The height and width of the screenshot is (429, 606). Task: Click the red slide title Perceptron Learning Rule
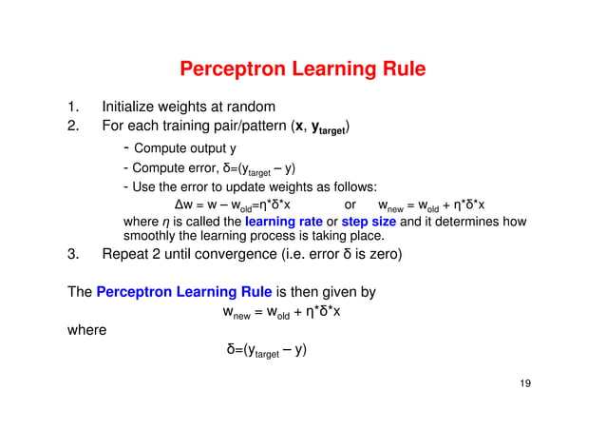point(302,69)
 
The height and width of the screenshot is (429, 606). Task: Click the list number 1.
point(71,107)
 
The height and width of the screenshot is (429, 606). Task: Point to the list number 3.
point(71,255)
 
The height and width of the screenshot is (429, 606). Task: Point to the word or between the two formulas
point(350,204)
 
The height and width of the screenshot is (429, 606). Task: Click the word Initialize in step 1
point(132,107)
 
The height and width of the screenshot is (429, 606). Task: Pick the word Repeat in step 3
point(126,255)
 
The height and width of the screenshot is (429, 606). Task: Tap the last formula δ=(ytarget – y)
point(265,352)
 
